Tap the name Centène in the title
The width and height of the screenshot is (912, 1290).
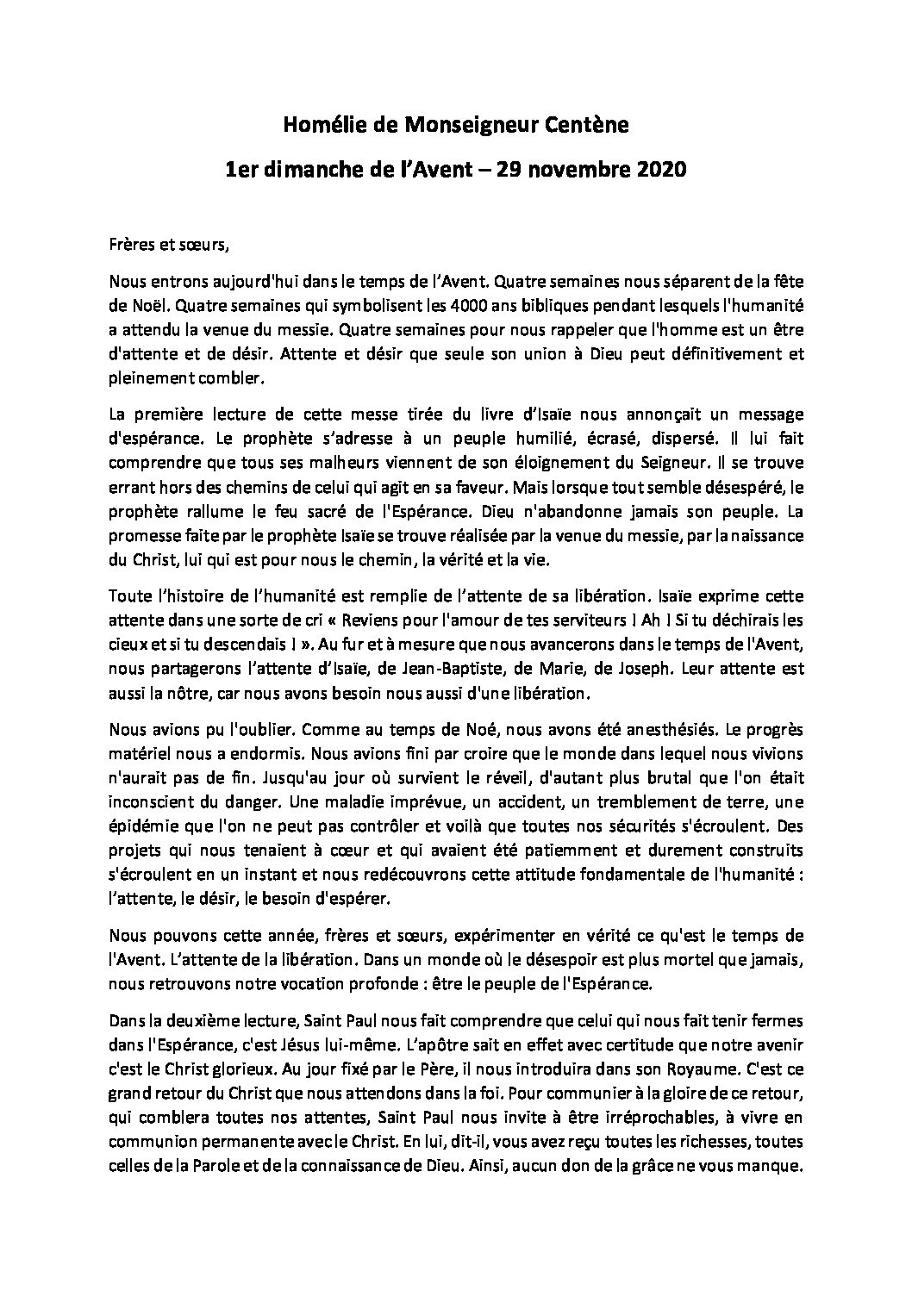click(x=587, y=126)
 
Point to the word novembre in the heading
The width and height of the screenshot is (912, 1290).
click(x=569, y=170)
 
